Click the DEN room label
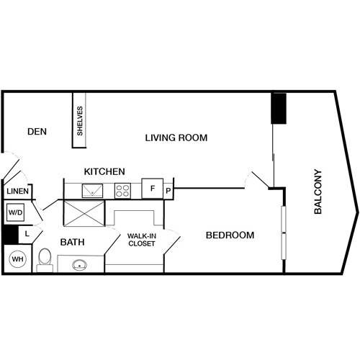37,131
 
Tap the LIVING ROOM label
176,138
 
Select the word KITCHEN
105,172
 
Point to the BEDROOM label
230,235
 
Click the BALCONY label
318,192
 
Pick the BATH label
73,242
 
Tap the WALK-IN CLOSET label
142,239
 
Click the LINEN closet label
17,192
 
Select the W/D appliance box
15,213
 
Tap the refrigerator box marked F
152,189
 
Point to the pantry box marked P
168,191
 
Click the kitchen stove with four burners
122,191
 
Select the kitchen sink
93,190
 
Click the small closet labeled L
26,233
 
